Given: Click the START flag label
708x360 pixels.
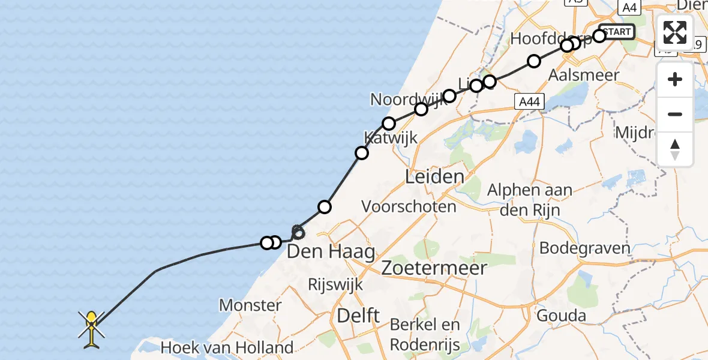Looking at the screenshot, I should click(616, 31).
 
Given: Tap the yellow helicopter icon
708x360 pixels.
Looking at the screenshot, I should click(91, 328).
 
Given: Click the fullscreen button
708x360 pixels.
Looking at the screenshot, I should click(675, 32).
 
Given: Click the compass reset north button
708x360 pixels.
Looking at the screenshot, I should click(675, 149).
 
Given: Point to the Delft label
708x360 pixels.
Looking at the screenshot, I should click(358, 315).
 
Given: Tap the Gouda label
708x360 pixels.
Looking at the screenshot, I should click(562, 316).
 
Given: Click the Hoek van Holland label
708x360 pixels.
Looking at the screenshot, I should click(227, 347).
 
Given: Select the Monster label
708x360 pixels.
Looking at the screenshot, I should click(250, 305).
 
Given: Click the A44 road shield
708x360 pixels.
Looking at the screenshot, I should click(529, 102).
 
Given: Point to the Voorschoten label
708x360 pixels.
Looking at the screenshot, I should click(409, 206).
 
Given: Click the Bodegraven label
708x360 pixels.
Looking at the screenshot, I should click(585, 247).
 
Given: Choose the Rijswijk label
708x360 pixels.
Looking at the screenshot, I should click(335, 284).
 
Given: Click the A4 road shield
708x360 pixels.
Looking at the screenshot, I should click(629, 8).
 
